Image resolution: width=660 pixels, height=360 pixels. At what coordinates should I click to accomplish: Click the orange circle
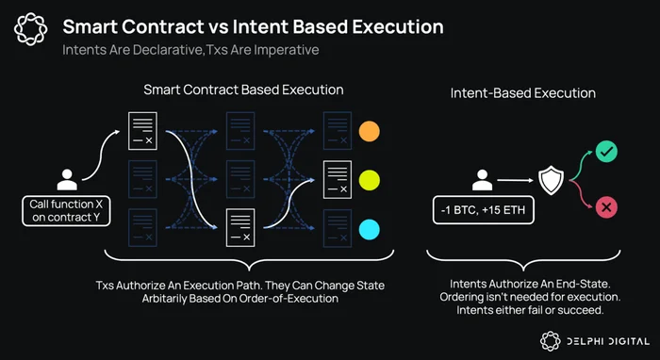click(370, 131)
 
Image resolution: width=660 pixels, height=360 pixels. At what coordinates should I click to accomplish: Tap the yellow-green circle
click(370, 180)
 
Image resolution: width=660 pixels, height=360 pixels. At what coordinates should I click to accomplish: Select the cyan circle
click(370, 230)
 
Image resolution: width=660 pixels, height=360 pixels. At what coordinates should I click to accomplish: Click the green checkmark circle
click(606, 152)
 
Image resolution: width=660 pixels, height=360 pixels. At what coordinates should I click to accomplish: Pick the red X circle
click(606, 207)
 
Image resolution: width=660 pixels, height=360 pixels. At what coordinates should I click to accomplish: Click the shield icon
click(551, 181)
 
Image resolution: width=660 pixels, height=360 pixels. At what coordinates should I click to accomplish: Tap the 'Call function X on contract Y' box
click(66, 211)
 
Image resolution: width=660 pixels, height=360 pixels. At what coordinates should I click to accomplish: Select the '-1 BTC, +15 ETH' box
click(483, 209)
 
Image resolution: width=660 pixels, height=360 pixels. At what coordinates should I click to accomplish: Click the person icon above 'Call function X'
click(67, 180)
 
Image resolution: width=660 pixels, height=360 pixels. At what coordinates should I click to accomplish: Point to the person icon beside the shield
click(482, 180)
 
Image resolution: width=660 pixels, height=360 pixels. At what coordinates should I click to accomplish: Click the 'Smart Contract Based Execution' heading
click(243, 90)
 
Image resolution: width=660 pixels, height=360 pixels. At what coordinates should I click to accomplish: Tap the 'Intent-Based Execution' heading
click(522, 93)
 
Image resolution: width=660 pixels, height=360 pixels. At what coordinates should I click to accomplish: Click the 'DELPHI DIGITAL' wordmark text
click(608, 341)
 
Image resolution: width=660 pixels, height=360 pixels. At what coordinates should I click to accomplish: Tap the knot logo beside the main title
click(30, 28)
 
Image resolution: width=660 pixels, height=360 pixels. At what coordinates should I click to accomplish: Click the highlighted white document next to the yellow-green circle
click(338, 180)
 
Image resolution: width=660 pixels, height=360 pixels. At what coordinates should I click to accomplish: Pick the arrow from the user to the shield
click(515, 180)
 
